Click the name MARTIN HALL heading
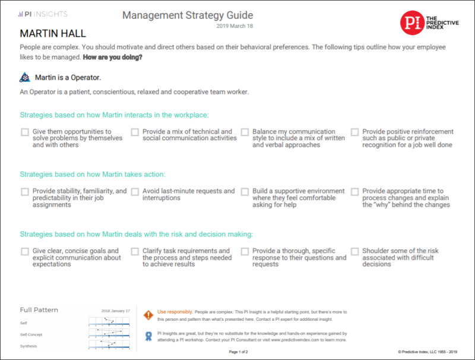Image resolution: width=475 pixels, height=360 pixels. [x=53, y=33]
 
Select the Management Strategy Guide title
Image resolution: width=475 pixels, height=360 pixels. [x=188, y=15]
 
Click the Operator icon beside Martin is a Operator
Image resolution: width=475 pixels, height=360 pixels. [x=24, y=77]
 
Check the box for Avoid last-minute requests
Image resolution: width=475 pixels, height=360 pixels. [x=135, y=192]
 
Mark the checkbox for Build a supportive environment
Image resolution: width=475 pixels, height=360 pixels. [x=245, y=192]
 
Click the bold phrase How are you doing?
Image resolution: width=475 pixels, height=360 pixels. [x=113, y=58]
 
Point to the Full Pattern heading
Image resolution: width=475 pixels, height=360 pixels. [x=39, y=310]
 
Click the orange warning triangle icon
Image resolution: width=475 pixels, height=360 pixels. [x=148, y=312]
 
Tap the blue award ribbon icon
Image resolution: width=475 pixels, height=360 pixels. [x=148, y=336]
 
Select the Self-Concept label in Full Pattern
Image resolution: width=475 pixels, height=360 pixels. [x=31, y=334]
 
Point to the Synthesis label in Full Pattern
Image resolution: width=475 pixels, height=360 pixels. [x=28, y=346]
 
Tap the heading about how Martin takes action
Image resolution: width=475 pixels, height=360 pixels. [x=93, y=175]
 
